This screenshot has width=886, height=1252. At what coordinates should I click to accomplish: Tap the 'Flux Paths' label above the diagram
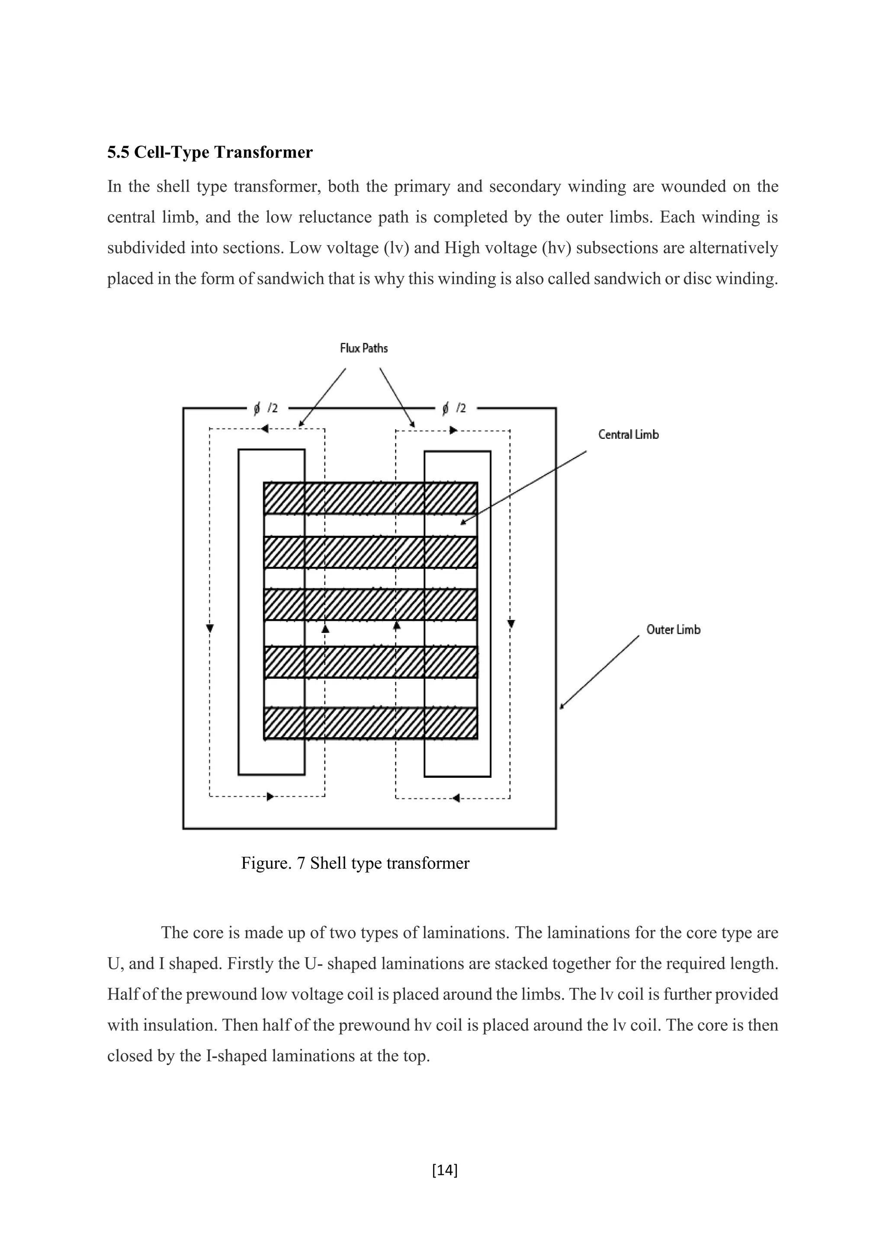pyautogui.click(x=363, y=348)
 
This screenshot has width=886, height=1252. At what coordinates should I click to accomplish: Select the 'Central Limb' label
pyautogui.click(x=628, y=434)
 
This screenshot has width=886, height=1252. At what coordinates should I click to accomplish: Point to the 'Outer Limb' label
pyautogui.click(x=673, y=629)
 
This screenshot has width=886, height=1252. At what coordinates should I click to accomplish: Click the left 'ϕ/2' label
pyautogui.click(x=266, y=408)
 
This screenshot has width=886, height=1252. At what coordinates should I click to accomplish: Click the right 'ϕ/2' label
pyautogui.click(x=454, y=408)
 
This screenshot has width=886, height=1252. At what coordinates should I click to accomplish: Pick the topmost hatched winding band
pyautogui.click(x=370, y=498)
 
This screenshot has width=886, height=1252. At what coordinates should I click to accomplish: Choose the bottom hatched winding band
pyautogui.click(x=370, y=723)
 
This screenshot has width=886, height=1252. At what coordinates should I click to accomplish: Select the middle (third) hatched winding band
pyautogui.click(x=370, y=604)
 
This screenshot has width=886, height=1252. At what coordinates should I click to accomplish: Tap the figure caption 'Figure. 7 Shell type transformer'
pyautogui.click(x=355, y=863)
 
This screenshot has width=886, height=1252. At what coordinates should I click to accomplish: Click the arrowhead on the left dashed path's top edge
pyautogui.click(x=265, y=429)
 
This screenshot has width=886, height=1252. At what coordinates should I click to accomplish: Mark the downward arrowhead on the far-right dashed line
pyautogui.click(x=510, y=623)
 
